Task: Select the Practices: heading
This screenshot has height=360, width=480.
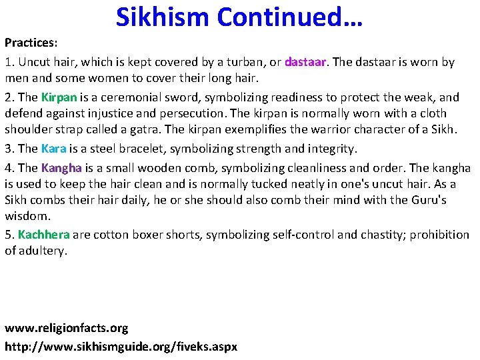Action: click(31, 43)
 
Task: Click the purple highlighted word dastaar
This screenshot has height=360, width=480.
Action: click(305, 62)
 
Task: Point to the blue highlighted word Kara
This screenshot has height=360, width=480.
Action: click(53, 148)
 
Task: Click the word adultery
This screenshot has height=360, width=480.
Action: click(45, 251)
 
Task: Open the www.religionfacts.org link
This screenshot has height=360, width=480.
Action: click(66, 329)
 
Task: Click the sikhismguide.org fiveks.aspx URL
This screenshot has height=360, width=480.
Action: click(121, 347)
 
